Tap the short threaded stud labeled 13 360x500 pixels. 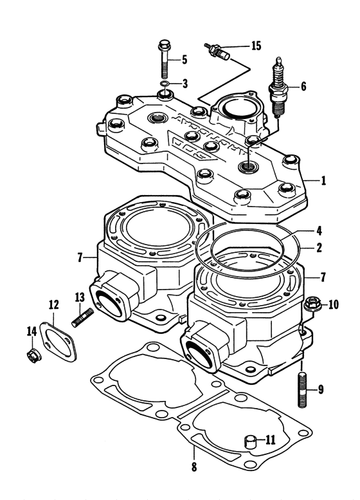click(84, 318)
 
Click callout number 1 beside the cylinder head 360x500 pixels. click(324, 181)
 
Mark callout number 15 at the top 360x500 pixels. click(256, 46)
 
